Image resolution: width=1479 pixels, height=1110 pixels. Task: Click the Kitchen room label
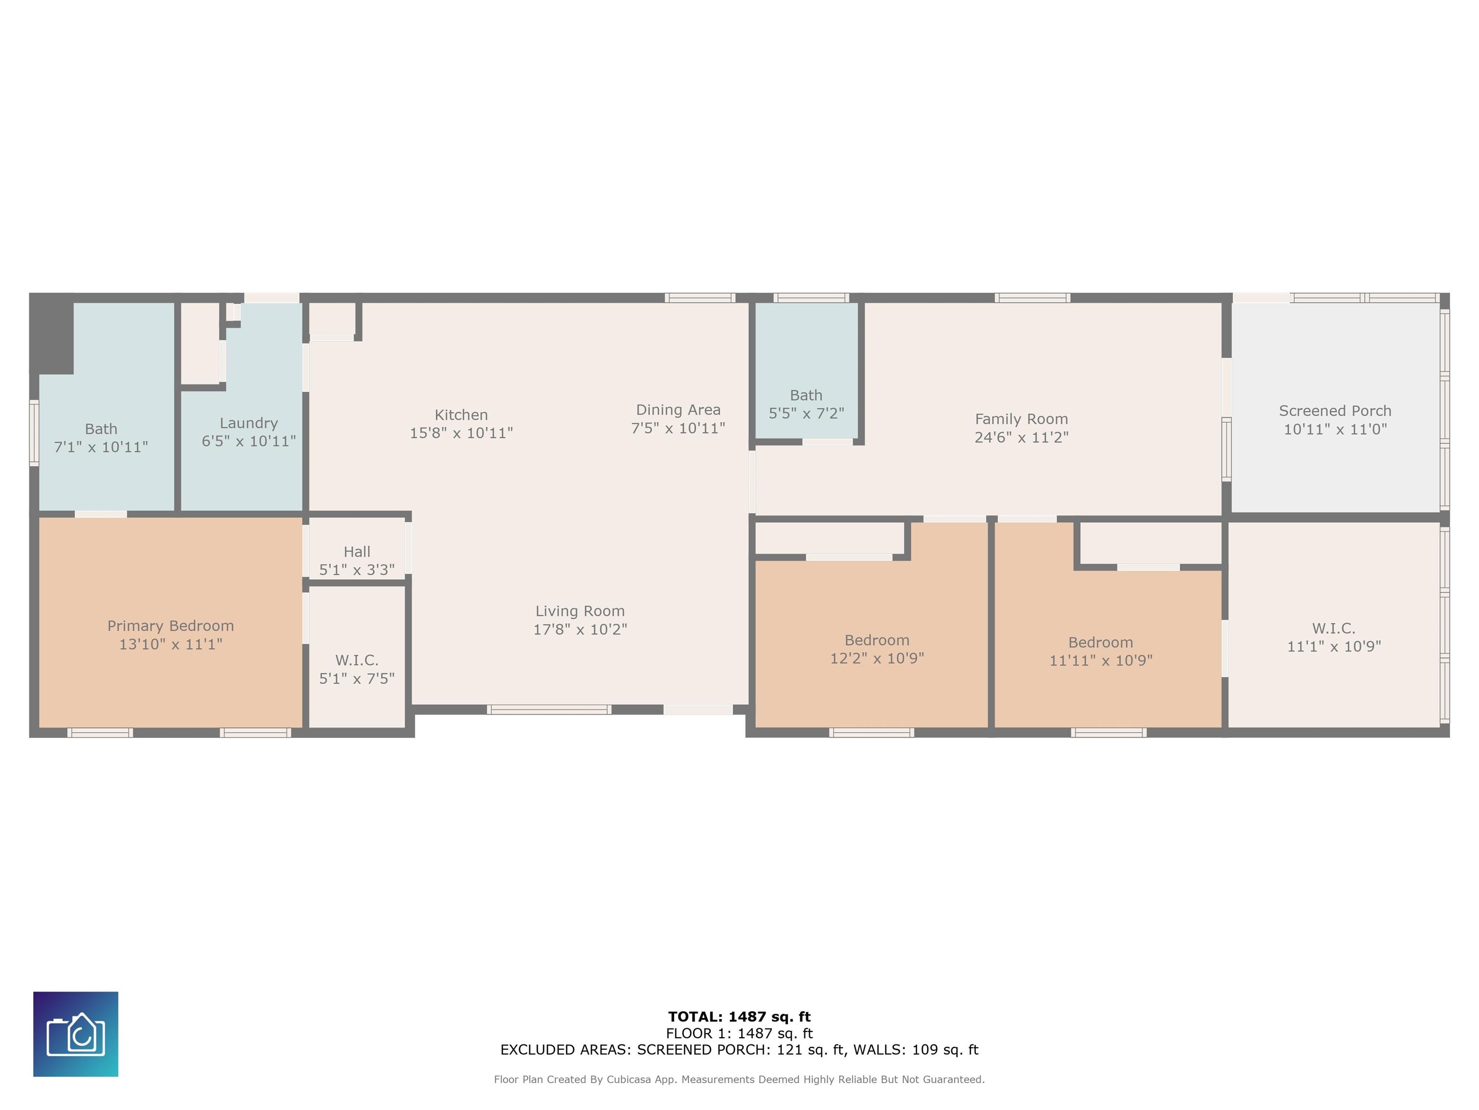coord(461,415)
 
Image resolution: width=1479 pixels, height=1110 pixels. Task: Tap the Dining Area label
coord(678,410)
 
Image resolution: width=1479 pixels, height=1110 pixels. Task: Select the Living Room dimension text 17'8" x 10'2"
coord(580,629)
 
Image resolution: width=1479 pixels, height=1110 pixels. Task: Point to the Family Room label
coord(1022,419)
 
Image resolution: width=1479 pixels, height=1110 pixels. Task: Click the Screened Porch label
coord(1335,411)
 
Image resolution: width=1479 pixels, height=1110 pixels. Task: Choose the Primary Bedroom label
coord(170,626)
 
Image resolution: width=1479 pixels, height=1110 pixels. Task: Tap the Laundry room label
coord(249,423)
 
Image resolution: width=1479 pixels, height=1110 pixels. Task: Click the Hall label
coord(357,551)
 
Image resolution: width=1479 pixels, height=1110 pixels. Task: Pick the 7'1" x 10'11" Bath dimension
coord(101,447)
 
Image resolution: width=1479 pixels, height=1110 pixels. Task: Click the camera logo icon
coord(76,1034)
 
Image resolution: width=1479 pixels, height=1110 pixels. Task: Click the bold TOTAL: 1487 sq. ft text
coord(739,1017)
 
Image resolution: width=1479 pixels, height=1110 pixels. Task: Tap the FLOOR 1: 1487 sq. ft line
coord(739,1034)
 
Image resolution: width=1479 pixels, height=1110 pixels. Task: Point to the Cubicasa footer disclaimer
coord(739,1079)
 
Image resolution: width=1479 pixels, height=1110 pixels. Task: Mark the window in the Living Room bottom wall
coord(548,709)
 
